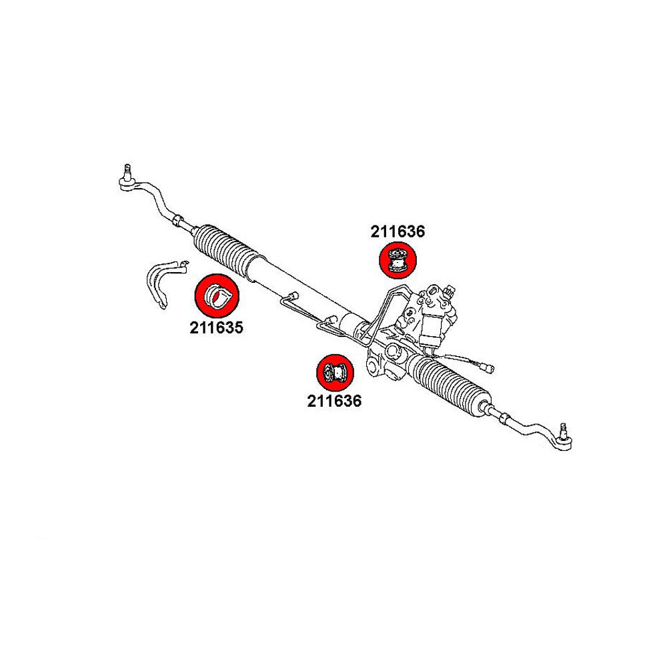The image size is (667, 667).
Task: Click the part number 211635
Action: click(215, 327)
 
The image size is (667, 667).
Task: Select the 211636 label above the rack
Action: click(398, 231)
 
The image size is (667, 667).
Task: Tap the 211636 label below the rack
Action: click(334, 401)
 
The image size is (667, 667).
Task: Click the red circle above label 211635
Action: click(216, 296)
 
